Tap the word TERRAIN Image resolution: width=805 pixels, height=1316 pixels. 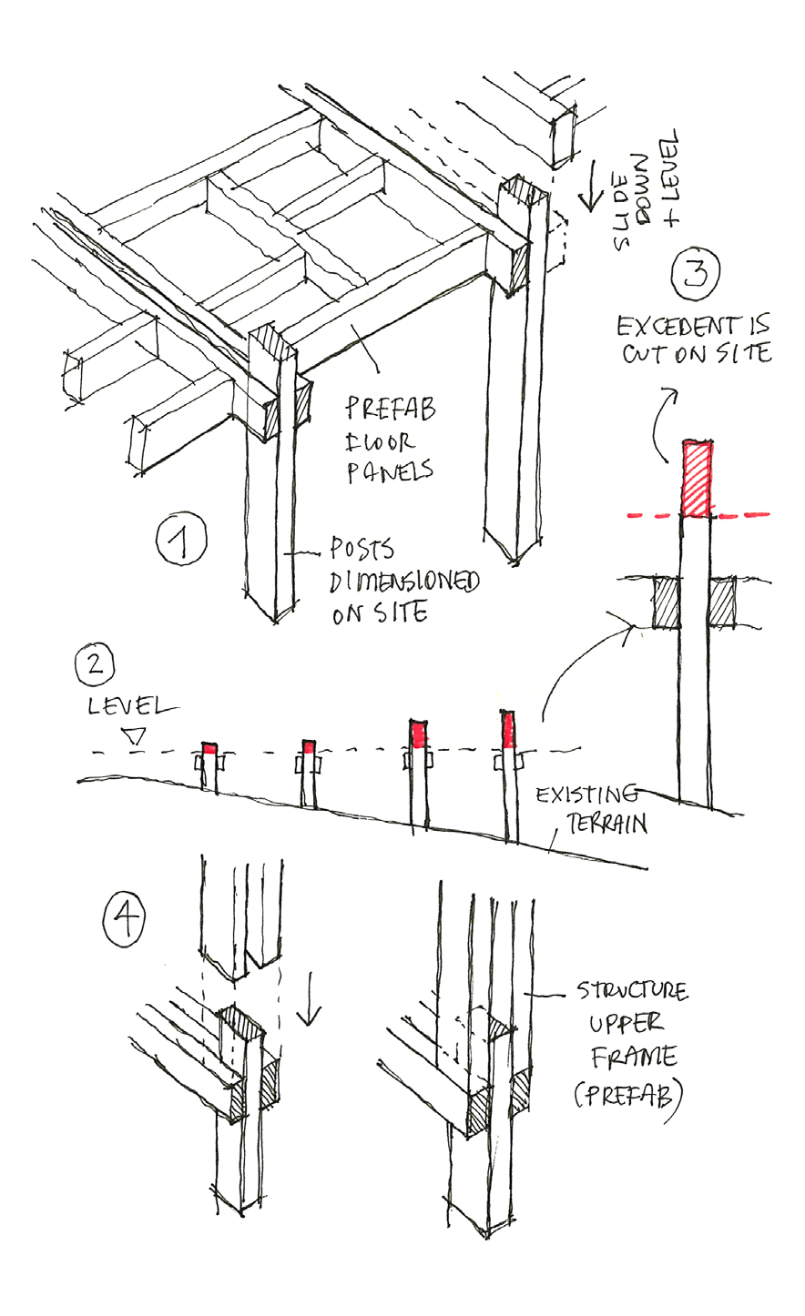pyautogui.click(x=606, y=825)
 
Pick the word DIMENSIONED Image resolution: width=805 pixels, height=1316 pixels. pyautogui.click(x=405, y=582)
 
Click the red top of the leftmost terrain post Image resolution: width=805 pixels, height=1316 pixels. pyautogui.click(x=209, y=748)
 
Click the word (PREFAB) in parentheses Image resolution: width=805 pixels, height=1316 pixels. pyautogui.click(x=627, y=1092)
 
